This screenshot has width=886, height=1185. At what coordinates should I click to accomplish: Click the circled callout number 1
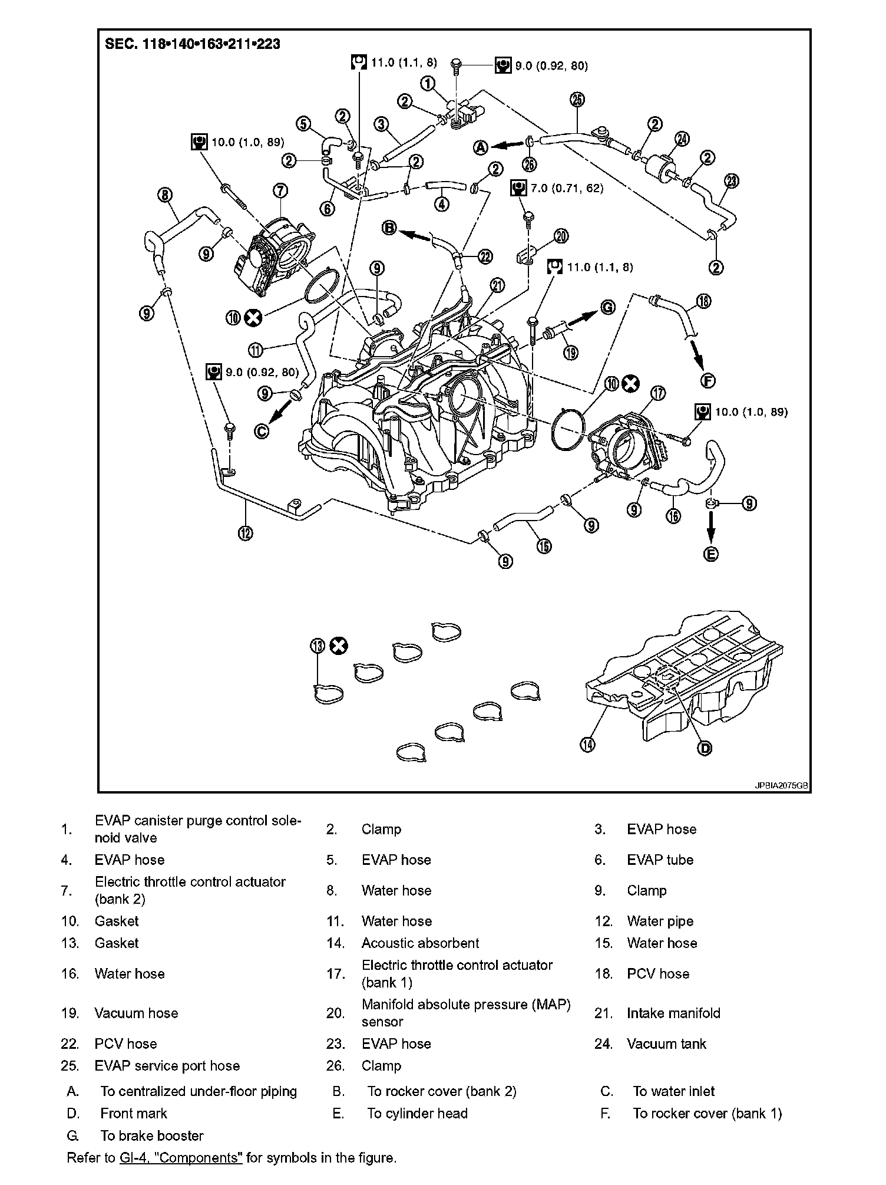428,83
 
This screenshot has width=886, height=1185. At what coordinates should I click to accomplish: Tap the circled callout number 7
280,190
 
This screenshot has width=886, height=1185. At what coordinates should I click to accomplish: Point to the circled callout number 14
588,745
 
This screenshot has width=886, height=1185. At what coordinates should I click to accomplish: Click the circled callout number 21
498,286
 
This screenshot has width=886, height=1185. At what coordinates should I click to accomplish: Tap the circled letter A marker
481,147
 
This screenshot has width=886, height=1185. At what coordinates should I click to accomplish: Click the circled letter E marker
712,554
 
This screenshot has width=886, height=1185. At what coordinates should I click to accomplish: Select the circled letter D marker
705,748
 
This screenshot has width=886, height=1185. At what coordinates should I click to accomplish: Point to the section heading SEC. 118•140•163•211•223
193,44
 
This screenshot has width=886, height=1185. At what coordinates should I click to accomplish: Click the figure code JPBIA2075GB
781,786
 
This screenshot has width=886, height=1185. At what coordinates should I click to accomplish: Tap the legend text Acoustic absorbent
420,943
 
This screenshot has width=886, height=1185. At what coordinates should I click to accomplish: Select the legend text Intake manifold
673,1013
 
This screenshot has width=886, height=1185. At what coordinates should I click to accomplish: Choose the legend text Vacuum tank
666,1044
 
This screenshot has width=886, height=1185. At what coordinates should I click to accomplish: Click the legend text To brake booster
152,1136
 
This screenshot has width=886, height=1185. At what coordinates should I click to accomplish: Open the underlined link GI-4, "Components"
181,1158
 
